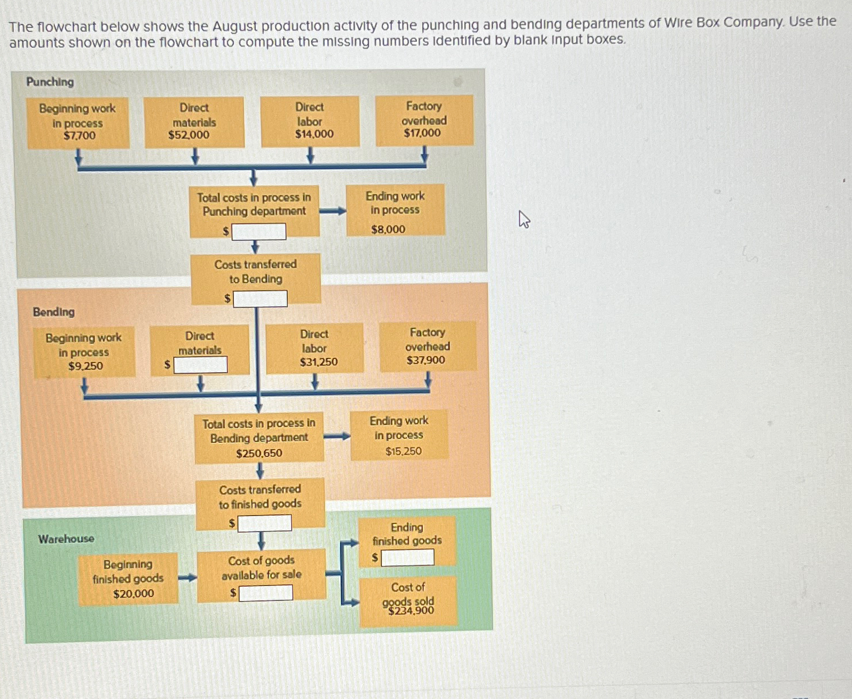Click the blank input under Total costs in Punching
point(259,232)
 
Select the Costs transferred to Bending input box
point(260,299)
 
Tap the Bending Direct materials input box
point(201,365)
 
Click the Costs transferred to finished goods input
point(264,523)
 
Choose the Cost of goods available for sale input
point(265,592)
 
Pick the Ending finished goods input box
point(408,557)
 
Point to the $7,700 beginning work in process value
point(80,136)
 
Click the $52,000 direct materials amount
point(189,135)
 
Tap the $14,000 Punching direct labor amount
point(314,134)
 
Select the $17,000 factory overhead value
point(422,133)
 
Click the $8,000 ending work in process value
point(388,229)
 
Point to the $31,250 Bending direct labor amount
point(319,362)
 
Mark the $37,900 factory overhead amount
point(425,360)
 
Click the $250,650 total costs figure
point(259,453)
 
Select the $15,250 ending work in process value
point(404,451)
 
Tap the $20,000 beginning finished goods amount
point(134,594)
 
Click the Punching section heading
point(50,82)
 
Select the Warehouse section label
point(66,539)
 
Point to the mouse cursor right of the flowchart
point(523,219)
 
